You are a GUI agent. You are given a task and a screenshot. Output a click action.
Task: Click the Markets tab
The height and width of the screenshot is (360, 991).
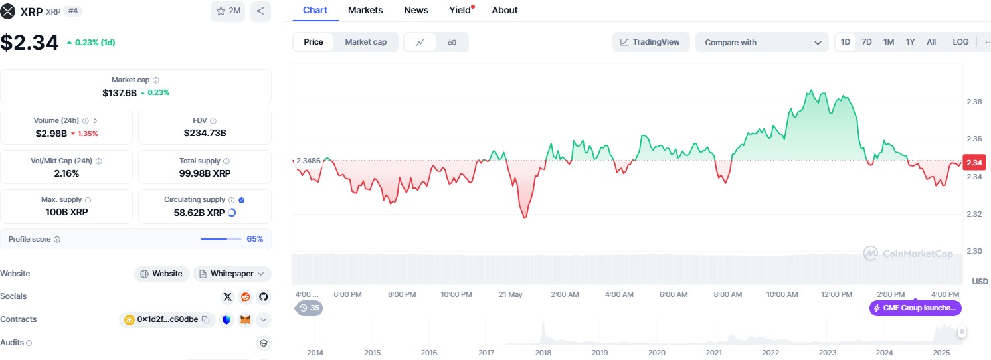pos(365,10)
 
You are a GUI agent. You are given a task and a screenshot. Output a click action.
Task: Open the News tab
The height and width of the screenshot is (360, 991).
pos(416,10)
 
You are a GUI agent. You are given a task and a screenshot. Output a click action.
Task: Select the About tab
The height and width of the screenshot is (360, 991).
pos(505,10)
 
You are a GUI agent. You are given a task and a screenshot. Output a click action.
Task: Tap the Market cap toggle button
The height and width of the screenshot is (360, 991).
pos(365,42)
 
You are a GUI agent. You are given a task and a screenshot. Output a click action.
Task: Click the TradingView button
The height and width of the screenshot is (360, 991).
pos(650,42)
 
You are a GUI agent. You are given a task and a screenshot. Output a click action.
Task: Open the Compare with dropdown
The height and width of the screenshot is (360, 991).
pos(762,43)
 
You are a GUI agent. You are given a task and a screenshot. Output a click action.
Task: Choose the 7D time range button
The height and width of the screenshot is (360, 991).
pos(867,42)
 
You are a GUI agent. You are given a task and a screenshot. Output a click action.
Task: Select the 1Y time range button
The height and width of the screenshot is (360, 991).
pos(910,42)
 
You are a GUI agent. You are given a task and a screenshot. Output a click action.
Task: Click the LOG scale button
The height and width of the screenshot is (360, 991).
pos(960,42)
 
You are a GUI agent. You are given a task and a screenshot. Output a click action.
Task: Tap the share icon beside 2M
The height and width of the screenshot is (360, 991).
pos(260,11)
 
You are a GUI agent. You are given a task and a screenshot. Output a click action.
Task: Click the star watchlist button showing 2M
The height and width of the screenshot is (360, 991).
pos(228,11)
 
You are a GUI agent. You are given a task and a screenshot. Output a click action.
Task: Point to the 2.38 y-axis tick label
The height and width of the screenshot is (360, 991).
pos(974,102)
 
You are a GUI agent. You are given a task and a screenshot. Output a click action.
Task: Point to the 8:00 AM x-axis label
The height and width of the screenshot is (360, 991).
pos(728,294)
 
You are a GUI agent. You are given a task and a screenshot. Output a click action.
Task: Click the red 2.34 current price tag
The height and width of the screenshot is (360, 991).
pos(974,163)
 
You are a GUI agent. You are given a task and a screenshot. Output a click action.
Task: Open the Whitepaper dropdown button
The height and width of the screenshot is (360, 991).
pos(232,274)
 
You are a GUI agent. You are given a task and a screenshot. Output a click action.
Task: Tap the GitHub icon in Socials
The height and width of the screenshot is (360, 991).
pos(264,297)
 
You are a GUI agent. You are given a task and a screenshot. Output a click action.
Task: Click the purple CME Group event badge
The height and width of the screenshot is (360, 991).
pos(915,308)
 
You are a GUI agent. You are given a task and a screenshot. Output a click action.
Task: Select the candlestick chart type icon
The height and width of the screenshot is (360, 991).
pos(452,43)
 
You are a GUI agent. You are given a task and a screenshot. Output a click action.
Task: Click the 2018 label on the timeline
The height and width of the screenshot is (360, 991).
pos(543,353)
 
